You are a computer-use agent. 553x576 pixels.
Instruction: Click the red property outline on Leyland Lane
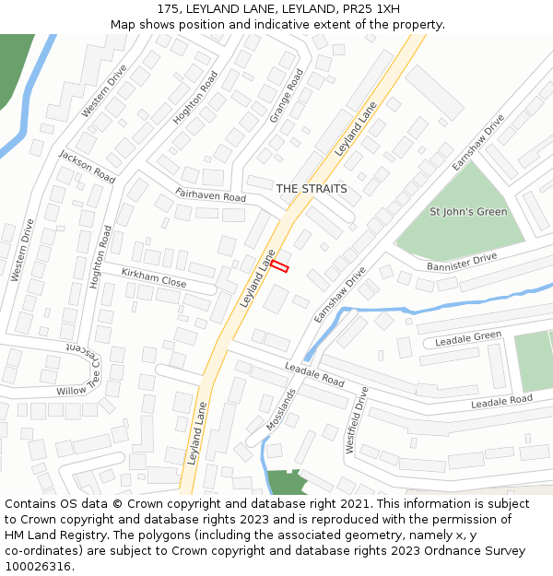pos(279,266)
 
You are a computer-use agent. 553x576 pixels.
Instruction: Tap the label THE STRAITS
pos(312,189)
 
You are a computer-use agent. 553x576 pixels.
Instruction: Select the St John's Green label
pos(468,212)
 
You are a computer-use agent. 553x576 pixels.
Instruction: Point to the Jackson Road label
pos(86,166)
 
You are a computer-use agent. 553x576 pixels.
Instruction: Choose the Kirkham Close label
pos(153,276)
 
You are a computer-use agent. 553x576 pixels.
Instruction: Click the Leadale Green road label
pos(468,338)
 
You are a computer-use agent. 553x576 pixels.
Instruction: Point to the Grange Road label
pos(286,96)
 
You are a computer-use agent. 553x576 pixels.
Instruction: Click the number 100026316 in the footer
pos(40,567)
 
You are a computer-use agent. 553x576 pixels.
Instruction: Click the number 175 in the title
pos(169,9)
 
